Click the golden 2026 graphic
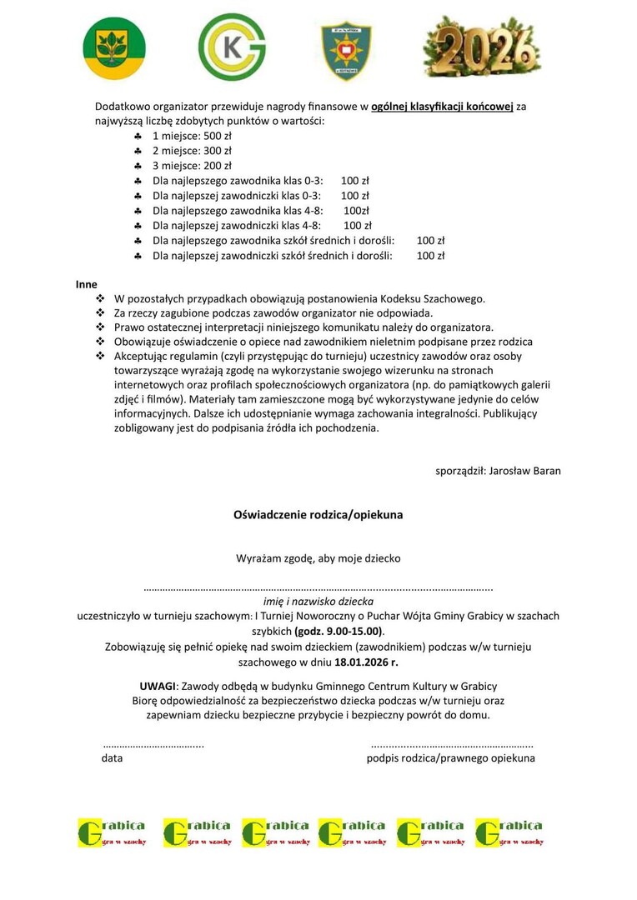tap(478, 47)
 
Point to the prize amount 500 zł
tap(218, 135)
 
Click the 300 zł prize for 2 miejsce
tap(218, 151)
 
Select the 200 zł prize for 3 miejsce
tap(218, 166)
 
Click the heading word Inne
tap(87, 284)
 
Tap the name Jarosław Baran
tap(524, 471)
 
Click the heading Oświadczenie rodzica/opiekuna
tap(318, 515)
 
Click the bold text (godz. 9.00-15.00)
tap(338, 631)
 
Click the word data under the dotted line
tap(113, 758)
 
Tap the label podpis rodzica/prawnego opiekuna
tap(451, 758)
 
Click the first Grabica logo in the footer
tap(112, 832)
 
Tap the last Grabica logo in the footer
tap(509, 832)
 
